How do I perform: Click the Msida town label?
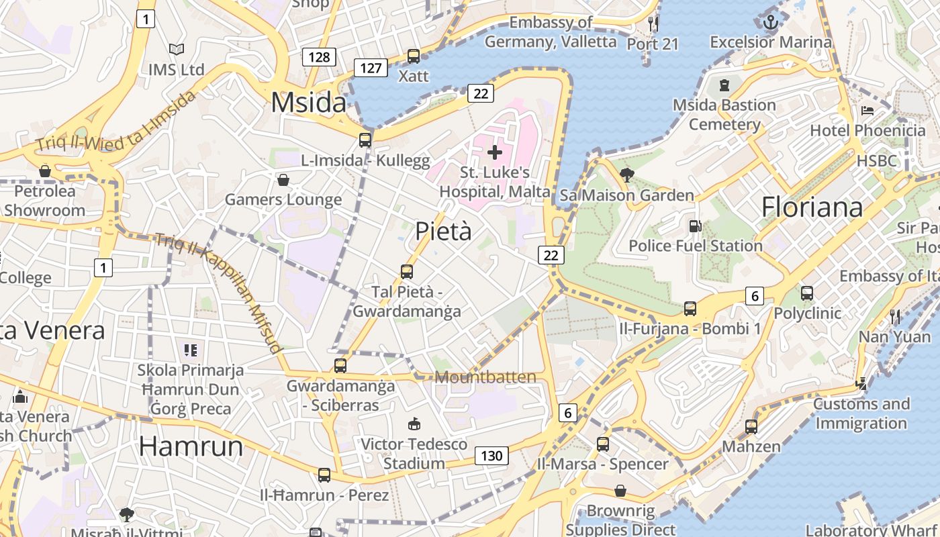click(308, 103)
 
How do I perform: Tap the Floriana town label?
click(812, 207)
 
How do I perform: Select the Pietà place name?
click(443, 231)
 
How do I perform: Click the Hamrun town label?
click(191, 446)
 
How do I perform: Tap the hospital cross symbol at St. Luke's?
click(495, 152)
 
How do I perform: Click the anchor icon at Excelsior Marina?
click(771, 22)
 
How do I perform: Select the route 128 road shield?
click(319, 57)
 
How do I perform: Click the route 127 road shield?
click(371, 68)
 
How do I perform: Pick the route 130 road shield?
click(491, 456)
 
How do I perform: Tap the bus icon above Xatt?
click(414, 56)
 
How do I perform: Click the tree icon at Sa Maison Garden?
click(627, 175)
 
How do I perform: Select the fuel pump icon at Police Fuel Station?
click(695, 226)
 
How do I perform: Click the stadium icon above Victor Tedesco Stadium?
click(414, 424)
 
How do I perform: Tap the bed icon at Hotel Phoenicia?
click(867, 110)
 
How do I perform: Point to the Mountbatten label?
click(485, 377)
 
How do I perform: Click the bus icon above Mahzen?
click(751, 426)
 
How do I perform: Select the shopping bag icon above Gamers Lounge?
click(283, 180)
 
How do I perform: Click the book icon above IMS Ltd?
click(177, 50)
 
